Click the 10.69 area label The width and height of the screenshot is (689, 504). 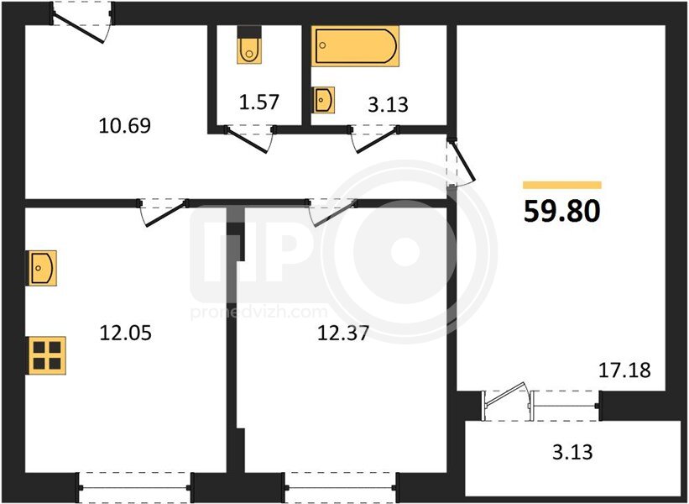125,126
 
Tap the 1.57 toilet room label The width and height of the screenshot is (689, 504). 258,102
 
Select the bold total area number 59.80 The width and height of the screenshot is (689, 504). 562,211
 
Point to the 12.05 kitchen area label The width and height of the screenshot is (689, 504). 126,333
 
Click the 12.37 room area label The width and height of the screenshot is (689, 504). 342,333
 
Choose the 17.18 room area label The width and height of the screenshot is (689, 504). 625,370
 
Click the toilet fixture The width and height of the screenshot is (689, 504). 249,45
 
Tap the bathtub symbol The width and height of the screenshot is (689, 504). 356,46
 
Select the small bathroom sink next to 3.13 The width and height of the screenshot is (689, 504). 323,100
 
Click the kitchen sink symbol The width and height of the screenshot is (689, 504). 43,268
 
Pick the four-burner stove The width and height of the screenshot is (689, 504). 47,356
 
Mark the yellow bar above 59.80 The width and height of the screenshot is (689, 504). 562,185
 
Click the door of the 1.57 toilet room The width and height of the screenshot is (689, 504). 249,139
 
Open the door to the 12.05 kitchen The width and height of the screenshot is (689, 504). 163,213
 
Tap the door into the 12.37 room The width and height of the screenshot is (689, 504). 332,213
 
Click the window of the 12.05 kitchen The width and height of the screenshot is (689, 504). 135,487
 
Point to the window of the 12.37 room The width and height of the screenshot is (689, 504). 341,487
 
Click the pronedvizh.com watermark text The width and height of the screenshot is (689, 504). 259,312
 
